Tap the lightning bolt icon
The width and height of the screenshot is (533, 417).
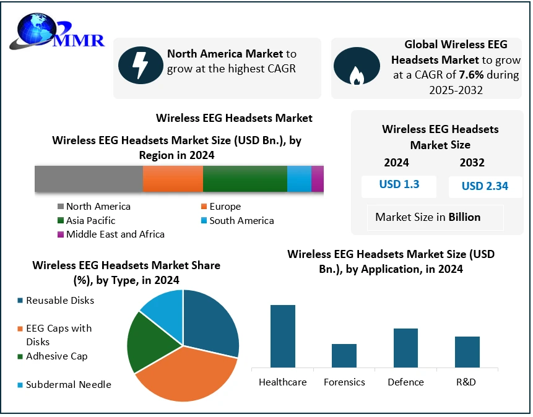click(x=140, y=63)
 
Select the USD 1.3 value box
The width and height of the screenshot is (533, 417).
click(x=399, y=185)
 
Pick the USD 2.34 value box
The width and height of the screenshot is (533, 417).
click(x=485, y=186)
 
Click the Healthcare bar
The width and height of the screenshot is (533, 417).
click(x=283, y=336)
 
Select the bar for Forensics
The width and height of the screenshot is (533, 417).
click(x=344, y=355)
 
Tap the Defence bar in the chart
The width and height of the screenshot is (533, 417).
click(x=406, y=348)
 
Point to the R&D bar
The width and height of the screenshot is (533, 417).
click(x=467, y=351)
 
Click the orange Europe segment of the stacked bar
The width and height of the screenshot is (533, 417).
click(x=173, y=179)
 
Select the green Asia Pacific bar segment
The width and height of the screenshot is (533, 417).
click(x=245, y=179)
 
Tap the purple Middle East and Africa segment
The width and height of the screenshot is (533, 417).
click(x=318, y=179)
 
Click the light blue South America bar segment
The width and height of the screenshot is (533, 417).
click(x=299, y=179)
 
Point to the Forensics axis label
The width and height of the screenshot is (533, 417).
click(x=344, y=382)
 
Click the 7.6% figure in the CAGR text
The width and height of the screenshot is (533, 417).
click(x=471, y=75)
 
